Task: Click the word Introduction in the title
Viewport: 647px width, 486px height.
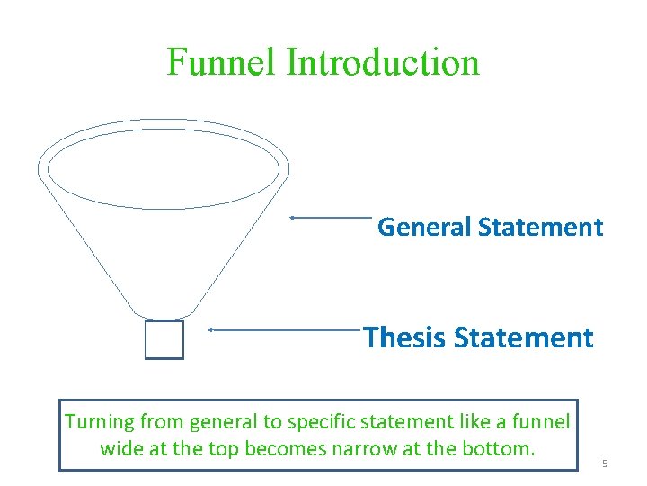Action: [x=383, y=62]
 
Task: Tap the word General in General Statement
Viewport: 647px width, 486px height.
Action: [x=424, y=227]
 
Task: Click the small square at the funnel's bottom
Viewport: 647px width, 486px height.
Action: [x=164, y=339]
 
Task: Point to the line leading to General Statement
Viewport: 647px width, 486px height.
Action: [x=332, y=218]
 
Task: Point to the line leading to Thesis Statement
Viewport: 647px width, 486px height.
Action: [x=284, y=330]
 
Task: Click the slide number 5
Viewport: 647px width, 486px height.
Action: [x=605, y=463]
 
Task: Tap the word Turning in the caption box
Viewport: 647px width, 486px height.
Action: [x=99, y=421]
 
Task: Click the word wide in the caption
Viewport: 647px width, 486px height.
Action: [x=120, y=448]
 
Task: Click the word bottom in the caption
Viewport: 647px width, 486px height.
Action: [x=498, y=448]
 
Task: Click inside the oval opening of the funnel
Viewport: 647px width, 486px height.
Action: [x=164, y=170]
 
